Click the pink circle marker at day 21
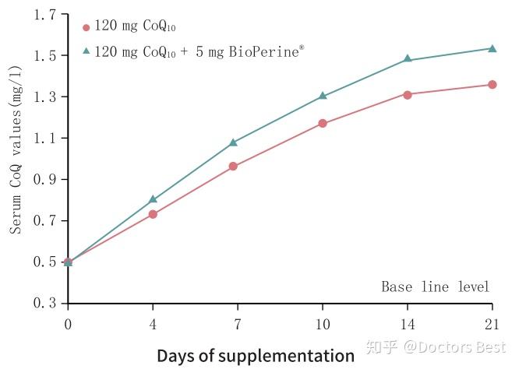[x=493, y=84]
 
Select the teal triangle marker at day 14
[x=408, y=59]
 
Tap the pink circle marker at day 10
[x=323, y=123]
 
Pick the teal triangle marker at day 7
[x=234, y=142]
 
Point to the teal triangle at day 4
[x=153, y=199]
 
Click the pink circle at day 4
[x=153, y=214]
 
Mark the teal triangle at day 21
[x=493, y=48]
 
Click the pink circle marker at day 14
[x=408, y=94]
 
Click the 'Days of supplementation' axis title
[x=256, y=356]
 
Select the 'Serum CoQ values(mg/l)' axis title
[x=16, y=160]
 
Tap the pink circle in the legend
[x=86, y=27]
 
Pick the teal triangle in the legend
[x=86, y=51]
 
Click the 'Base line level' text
[x=436, y=287]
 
